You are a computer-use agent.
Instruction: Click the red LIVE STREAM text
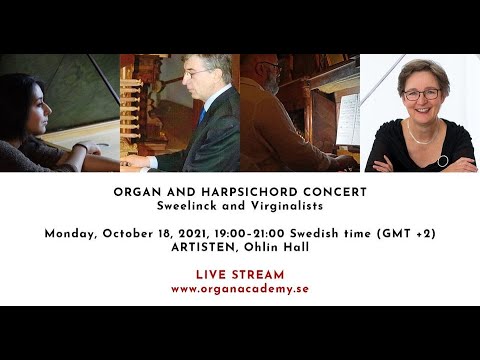coord(240,274)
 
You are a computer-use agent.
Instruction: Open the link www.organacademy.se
coord(240,289)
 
